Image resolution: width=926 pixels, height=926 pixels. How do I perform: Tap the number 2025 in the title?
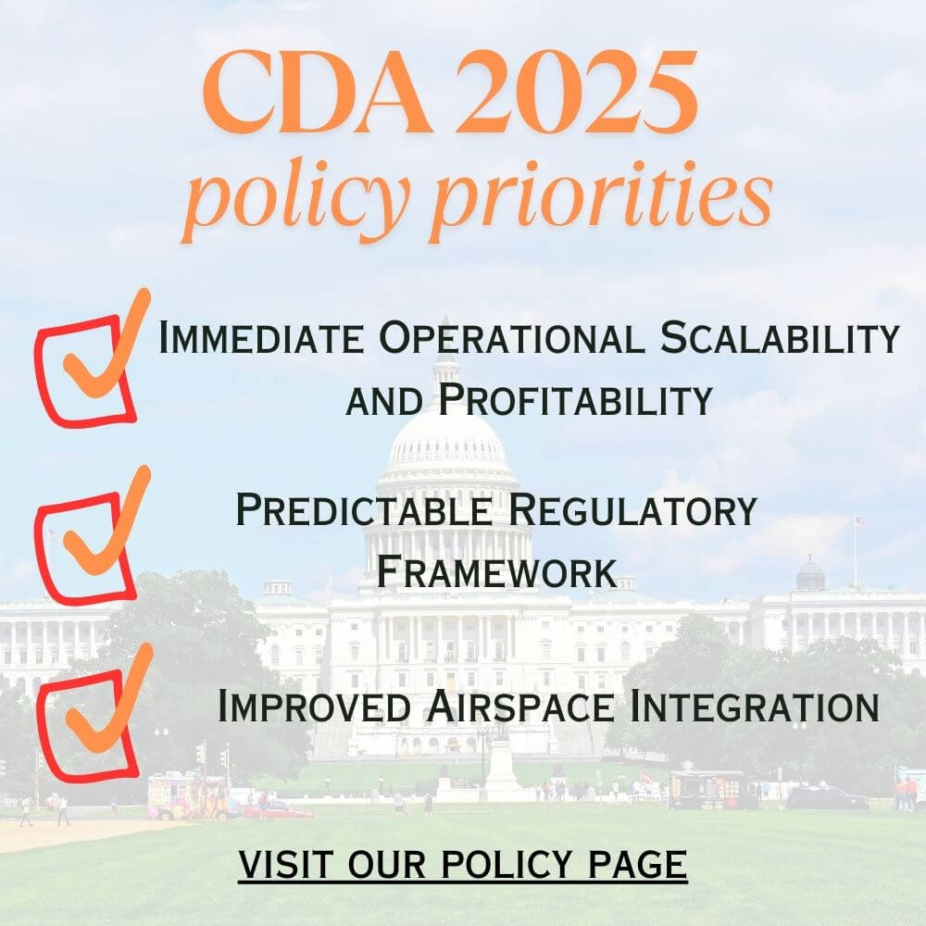tap(576, 92)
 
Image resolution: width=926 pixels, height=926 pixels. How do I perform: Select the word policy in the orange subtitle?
tap(296, 198)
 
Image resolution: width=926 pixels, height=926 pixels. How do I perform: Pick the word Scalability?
tap(780, 337)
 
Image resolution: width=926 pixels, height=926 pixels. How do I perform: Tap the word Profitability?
tap(576, 399)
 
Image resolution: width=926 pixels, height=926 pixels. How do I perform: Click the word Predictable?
tap(363, 509)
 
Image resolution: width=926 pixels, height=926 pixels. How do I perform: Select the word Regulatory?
tap(632, 509)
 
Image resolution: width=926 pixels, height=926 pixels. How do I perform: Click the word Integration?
tap(755, 706)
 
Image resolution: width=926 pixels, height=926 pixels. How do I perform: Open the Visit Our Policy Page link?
tap(463, 865)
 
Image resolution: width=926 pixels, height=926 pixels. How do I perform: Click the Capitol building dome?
tap(446, 437)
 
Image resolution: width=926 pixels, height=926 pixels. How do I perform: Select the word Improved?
tap(314, 706)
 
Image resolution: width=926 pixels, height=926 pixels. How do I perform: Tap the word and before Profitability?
tap(384, 402)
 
